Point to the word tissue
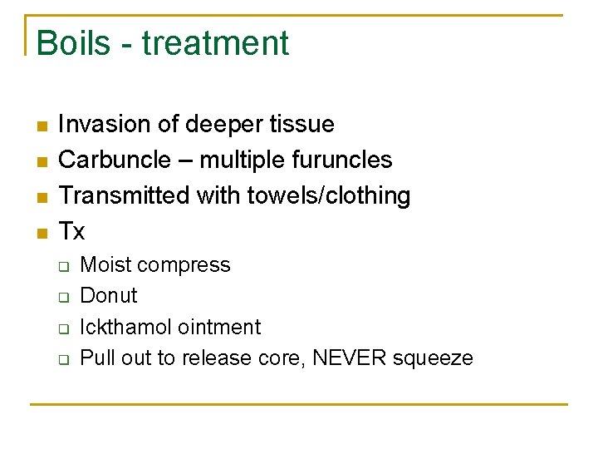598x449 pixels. coord(302,125)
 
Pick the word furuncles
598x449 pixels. coord(342,160)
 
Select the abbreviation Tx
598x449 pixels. coord(72,231)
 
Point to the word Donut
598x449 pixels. coord(109,296)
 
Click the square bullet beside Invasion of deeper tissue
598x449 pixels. coord(42,126)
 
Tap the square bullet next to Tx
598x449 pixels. coord(42,233)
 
